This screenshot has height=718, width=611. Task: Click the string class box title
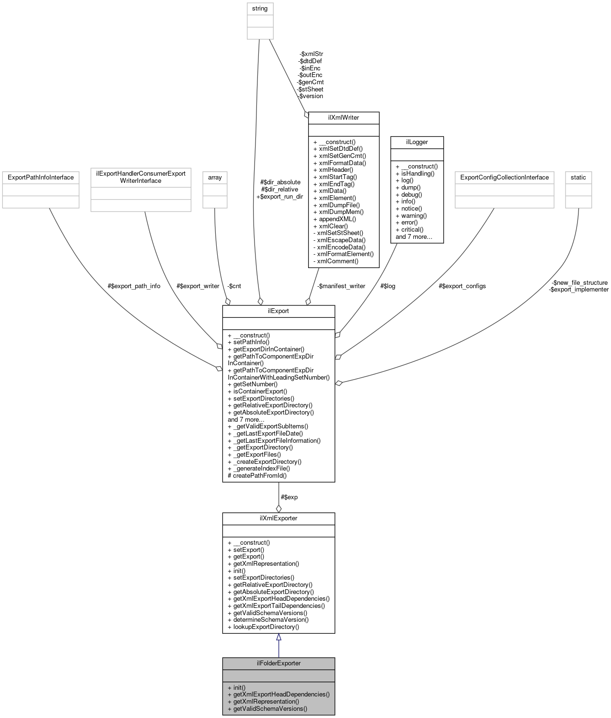click(x=260, y=9)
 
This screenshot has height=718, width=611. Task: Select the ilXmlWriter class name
click(x=344, y=117)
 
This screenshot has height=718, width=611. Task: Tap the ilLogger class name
click(x=417, y=142)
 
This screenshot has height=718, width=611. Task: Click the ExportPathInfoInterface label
click(x=41, y=177)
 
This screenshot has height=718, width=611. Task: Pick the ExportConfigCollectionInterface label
click(x=504, y=177)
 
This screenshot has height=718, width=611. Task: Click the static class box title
click(x=578, y=177)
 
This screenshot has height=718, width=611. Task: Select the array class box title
click(x=215, y=177)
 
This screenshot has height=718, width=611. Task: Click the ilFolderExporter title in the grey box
click(x=278, y=663)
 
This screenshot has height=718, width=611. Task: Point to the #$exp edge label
click(x=289, y=497)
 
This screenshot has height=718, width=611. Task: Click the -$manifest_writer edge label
click(x=341, y=286)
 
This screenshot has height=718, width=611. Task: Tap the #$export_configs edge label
click(x=462, y=286)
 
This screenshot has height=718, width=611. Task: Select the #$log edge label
click(x=388, y=286)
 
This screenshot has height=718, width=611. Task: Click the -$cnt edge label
click(x=234, y=286)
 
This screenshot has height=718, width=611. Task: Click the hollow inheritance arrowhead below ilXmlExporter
click(x=278, y=637)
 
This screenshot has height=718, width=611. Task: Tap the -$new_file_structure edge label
click(x=579, y=282)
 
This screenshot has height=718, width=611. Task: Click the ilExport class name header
click(x=278, y=311)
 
